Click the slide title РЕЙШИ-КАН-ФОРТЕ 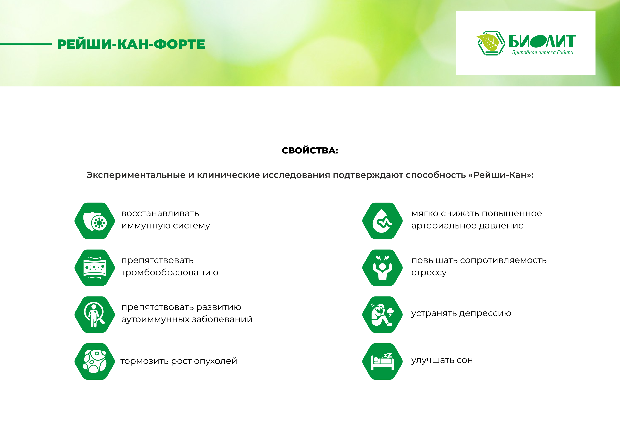(x=131, y=44)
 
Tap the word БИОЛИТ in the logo (x=542, y=41)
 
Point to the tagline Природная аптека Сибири (x=543, y=52)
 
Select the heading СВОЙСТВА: (x=310, y=150)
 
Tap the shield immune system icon (x=95, y=221)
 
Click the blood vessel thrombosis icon (x=95, y=268)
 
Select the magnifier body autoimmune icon (x=95, y=314)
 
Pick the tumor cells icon (x=95, y=361)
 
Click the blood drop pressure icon (x=382, y=221)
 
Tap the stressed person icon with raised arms (x=382, y=268)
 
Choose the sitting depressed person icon (x=382, y=314)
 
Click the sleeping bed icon (x=382, y=361)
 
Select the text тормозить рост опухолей (x=179, y=361)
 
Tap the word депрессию (x=485, y=313)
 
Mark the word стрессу (x=429, y=273)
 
